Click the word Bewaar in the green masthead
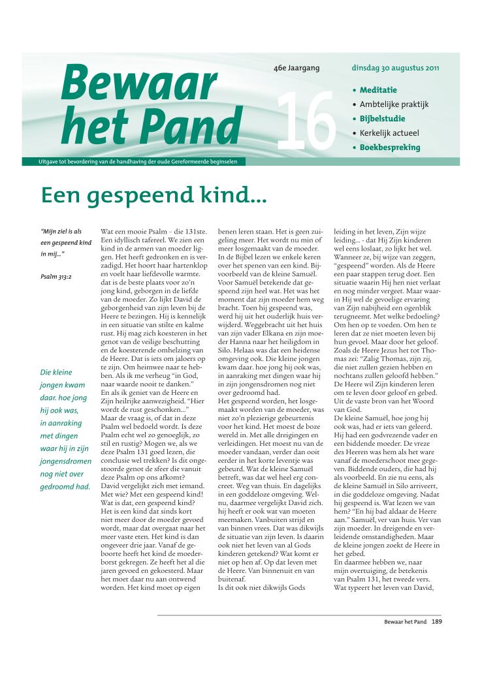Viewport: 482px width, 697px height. (138, 84)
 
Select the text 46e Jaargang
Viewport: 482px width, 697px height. (297, 67)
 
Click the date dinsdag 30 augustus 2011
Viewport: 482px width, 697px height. (395, 67)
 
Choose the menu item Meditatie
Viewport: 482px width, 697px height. (378, 90)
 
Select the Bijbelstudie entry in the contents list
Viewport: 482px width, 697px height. (382, 119)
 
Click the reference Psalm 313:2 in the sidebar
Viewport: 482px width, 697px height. (56, 277)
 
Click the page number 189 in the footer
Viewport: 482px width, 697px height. (437, 622)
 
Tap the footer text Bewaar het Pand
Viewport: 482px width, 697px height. (404, 622)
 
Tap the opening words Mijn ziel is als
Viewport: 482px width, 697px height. (62, 232)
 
